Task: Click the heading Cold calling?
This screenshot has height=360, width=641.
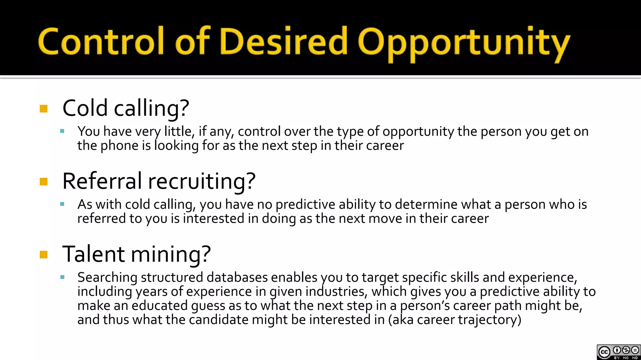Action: click(x=126, y=108)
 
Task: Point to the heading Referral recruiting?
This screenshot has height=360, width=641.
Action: click(x=159, y=181)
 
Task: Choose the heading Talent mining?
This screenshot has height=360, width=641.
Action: click(x=136, y=254)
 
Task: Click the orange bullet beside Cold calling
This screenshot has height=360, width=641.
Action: click(x=44, y=109)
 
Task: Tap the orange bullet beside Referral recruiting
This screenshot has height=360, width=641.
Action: click(x=44, y=182)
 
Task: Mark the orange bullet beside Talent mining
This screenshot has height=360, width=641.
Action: click(x=44, y=255)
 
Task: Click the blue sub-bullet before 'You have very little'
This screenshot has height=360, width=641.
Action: click(x=62, y=131)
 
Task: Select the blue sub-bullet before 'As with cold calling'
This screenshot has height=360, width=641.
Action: click(x=62, y=204)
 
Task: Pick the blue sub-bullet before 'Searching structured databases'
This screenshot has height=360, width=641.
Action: click(x=62, y=277)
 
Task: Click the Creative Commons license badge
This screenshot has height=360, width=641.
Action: click(x=618, y=352)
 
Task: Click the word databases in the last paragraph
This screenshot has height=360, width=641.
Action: click(x=237, y=277)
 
